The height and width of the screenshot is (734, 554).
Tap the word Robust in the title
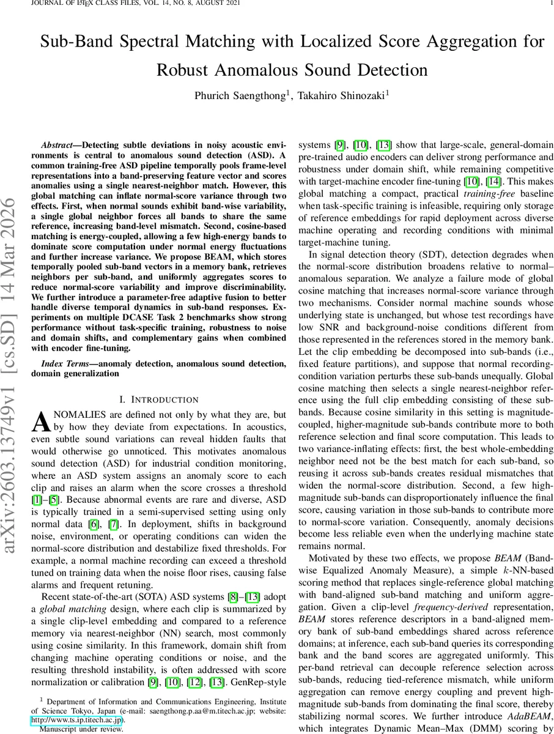(x=183, y=69)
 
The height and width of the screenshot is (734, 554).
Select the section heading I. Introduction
(x=158, y=400)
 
